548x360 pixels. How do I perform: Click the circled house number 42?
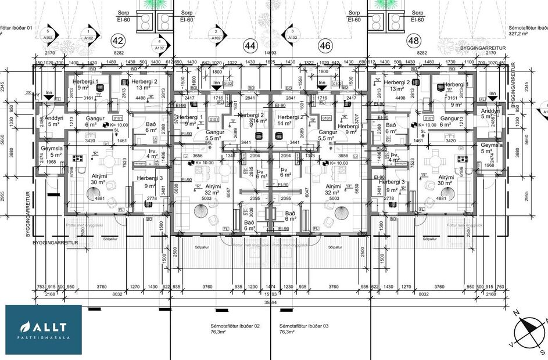(119, 41)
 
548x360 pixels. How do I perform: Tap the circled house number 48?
(414, 41)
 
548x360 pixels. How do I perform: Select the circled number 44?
(251, 44)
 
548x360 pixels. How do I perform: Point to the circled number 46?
(325, 44)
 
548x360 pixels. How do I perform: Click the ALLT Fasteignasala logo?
(44, 329)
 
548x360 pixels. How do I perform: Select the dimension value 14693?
(269, 53)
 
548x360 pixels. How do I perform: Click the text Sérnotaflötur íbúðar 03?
(304, 329)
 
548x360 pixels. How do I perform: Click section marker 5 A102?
(50, 35)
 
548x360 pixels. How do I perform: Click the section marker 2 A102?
(216, 35)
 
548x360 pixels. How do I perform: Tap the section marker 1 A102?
(88, 35)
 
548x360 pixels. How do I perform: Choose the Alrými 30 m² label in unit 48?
(446, 180)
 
